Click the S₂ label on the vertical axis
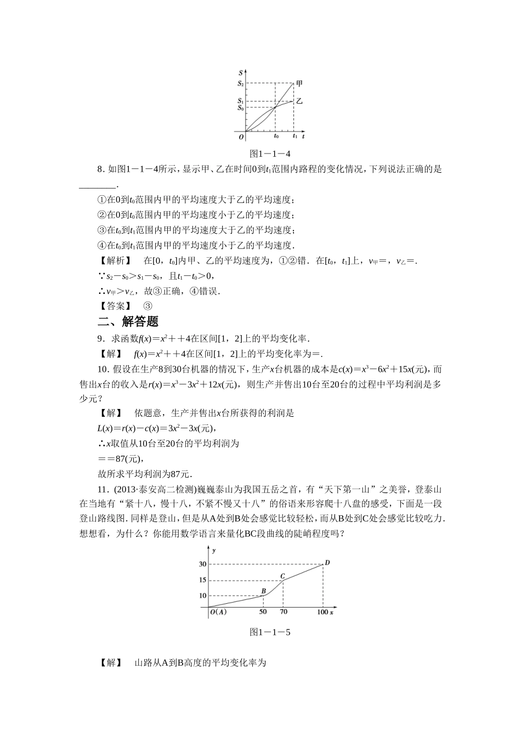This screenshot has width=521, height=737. coord(240,83)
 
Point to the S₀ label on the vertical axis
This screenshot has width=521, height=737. coord(240,108)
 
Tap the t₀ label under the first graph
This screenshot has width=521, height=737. coord(276,136)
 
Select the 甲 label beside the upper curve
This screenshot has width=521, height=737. coord(299,84)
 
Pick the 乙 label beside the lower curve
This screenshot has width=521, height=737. coord(299,101)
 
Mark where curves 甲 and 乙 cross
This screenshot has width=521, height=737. coord(275,107)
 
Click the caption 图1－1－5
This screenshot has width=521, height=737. coord(269,632)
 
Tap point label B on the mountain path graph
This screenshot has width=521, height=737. coord(264,590)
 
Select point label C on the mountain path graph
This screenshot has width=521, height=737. coord(282,576)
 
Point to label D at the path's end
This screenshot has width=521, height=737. coord(327,562)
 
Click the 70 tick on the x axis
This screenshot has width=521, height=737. coord(283,612)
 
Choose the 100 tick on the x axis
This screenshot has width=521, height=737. coord(322,612)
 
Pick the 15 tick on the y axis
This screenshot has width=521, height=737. coord(202,580)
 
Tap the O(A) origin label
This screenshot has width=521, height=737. coord(218,612)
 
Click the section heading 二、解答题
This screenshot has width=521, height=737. coord(128,321)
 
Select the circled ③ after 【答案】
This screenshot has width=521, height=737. coord(147,306)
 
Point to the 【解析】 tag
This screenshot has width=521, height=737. coord(114,261)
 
